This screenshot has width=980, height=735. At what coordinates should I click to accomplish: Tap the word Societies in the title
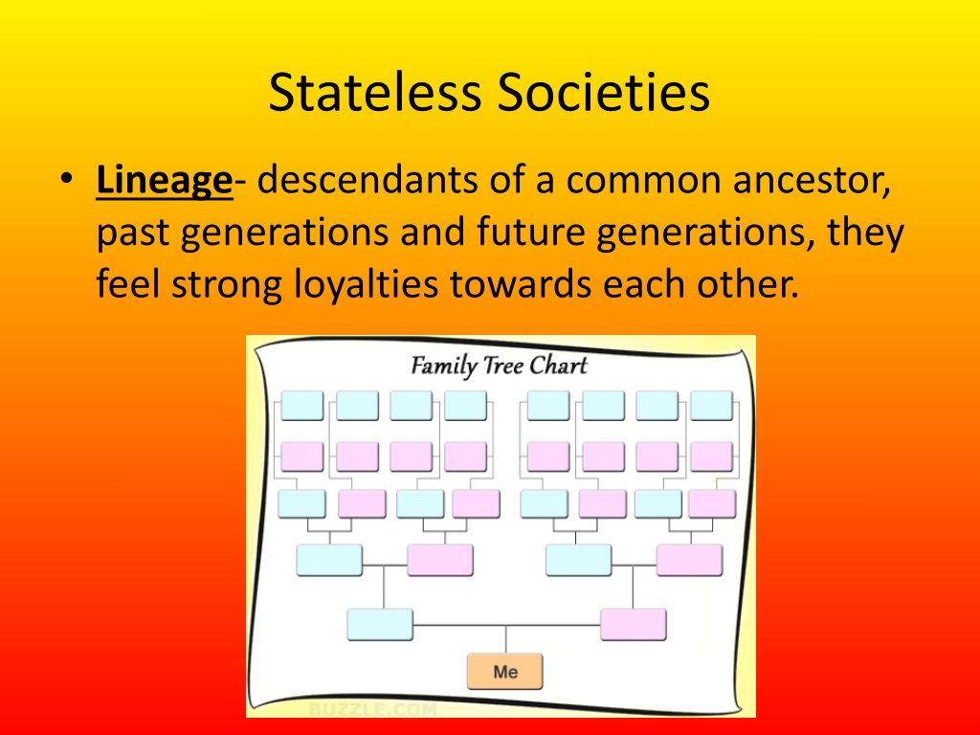coord(604,94)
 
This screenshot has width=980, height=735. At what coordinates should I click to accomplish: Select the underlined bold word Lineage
coord(164,181)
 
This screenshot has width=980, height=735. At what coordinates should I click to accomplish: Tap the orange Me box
coord(505,672)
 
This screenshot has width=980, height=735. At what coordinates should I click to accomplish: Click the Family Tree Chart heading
coord(499,366)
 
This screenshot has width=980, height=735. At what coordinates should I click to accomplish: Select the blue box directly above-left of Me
coord(380,624)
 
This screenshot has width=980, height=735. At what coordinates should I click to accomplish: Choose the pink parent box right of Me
coord(633,624)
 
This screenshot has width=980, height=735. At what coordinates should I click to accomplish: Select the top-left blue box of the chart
coord(301,406)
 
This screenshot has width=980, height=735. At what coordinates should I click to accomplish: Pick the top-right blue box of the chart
coord(711,406)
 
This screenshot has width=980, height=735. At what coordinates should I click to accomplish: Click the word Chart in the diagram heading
coord(559,366)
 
